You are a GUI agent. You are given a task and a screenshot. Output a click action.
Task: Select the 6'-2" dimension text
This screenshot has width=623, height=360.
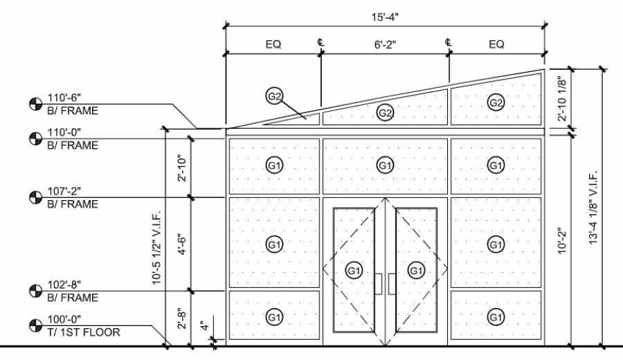coord(384,44)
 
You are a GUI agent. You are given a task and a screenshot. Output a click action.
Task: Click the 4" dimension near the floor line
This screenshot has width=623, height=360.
coord(201,325)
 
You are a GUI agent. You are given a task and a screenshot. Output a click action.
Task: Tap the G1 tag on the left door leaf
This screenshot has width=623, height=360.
coord(354,271)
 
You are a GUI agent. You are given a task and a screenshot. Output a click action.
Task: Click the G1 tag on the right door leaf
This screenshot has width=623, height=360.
coord(415,271)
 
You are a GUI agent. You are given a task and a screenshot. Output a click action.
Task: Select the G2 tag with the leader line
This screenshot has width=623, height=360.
coord(274,96)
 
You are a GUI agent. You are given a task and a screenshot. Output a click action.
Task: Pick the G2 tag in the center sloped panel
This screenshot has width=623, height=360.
coord(384,112)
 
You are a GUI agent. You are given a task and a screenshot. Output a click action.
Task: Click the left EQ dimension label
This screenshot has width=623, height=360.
coord(273,44)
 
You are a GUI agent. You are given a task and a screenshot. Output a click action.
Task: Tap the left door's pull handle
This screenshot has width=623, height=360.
coord(378,283)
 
